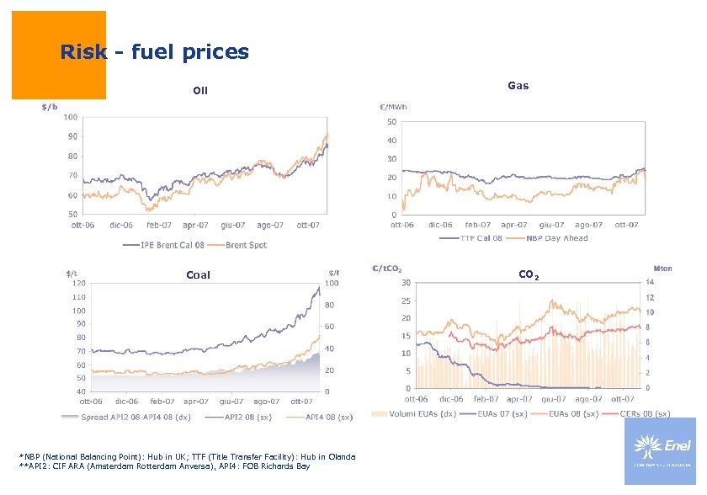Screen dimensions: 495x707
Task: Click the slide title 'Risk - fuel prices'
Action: tap(154, 52)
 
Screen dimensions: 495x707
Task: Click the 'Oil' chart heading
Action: tap(199, 91)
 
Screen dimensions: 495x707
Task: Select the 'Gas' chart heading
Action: tap(518, 85)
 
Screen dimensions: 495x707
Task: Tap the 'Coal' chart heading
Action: tap(198, 274)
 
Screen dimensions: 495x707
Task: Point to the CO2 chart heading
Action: tap(529, 275)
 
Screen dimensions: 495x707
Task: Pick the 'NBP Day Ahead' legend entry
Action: tap(555, 238)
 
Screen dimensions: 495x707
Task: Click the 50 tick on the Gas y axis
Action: tap(391, 121)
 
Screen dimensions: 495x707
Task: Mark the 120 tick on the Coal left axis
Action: tap(78, 284)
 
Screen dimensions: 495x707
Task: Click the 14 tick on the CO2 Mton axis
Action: tap(650, 282)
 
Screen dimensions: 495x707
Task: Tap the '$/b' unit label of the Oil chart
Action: tap(50, 107)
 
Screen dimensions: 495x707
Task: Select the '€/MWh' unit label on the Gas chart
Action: tap(393, 107)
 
